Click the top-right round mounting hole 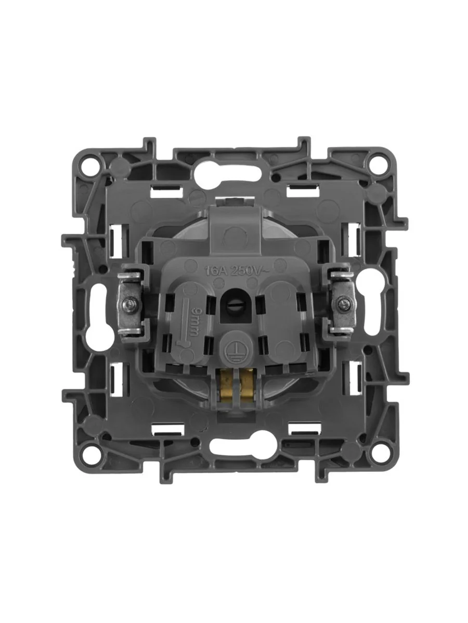pos(375,165)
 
